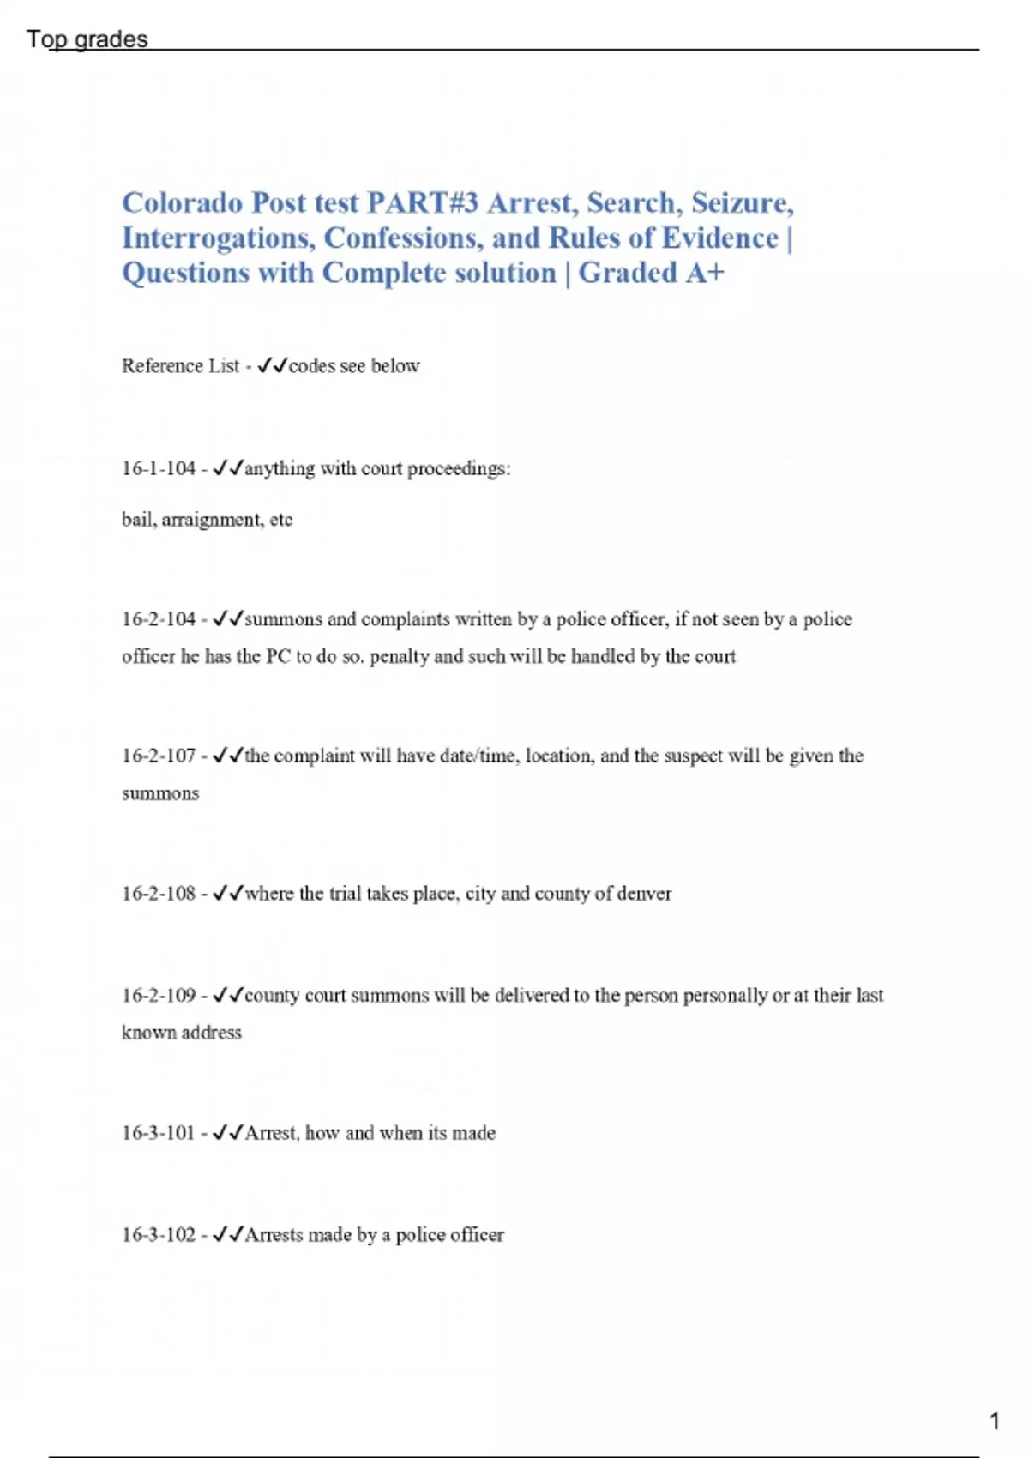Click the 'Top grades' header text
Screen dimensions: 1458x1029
pyautogui.click(x=87, y=39)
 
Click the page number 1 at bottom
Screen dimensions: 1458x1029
pyautogui.click(x=995, y=1420)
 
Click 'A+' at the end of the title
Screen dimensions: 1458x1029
pyautogui.click(x=705, y=273)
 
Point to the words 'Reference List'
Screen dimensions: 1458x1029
pyautogui.click(x=180, y=366)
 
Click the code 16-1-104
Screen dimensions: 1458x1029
pyautogui.click(x=159, y=468)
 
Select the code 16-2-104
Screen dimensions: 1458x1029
pyautogui.click(x=159, y=619)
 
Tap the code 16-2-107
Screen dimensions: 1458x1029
pyautogui.click(x=159, y=756)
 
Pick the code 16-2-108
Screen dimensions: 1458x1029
pyautogui.click(x=159, y=894)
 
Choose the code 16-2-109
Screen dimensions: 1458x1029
pyautogui.click(x=159, y=996)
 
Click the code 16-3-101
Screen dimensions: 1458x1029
pyautogui.click(x=159, y=1133)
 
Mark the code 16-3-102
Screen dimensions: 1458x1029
pyautogui.click(x=159, y=1235)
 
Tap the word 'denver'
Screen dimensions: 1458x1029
pyautogui.click(x=644, y=894)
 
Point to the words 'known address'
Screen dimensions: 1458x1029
pyautogui.click(x=182, y=1033)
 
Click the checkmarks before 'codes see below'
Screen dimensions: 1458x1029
pyautogui.click(x=272, y=366)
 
